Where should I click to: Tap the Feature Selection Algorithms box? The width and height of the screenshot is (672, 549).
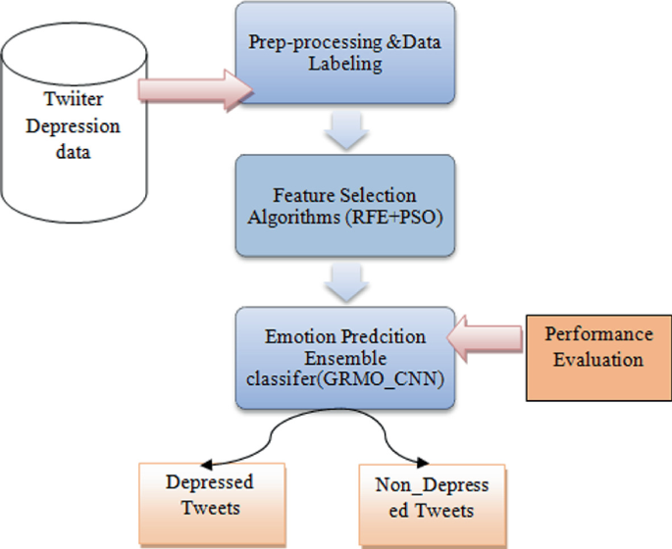342,207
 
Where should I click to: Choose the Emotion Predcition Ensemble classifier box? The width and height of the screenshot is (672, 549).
342,357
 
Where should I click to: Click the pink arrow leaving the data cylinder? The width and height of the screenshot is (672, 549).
196,89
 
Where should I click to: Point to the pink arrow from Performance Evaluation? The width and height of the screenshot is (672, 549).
487,337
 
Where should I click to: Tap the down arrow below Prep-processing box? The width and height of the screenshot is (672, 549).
342,133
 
